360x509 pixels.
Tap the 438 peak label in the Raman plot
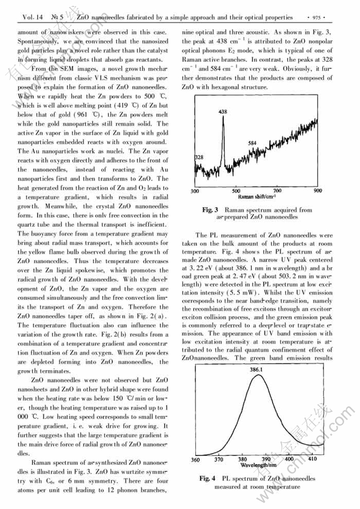pyautogui.click(x=223, y=112)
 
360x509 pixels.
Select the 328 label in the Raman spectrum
pyautogui.click(x=199, y=158)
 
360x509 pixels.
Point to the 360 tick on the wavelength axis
pyautogui.click(x=195, y=459)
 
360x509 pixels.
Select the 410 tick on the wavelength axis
pyautogui.click(x=312, y=459)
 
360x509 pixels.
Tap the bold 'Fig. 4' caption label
pyautogui.click(x=207, y=478)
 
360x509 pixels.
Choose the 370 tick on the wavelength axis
pyautogui.click(x=218, y=459)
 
